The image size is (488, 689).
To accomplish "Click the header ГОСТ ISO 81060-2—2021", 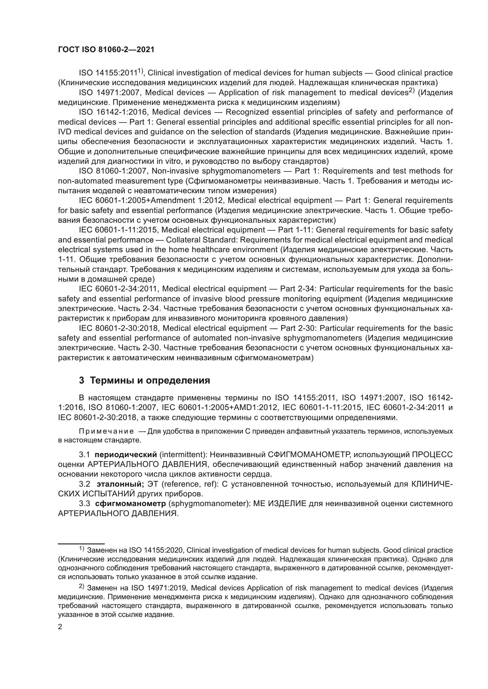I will pyautogui.click(x=106, y=50).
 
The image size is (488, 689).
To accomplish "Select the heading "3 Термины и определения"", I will pyautogui.click(x=144, y=381).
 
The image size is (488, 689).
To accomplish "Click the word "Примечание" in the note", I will pyautogui.click(x=107, y=432).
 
